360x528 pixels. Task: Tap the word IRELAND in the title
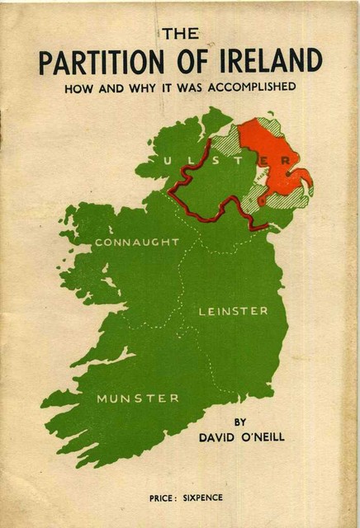click(x=269, y=62)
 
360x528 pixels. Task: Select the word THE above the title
click(x=181, y=34)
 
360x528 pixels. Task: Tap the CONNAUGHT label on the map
click(x=137, y=243)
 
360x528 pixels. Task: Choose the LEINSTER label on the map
click(x=234, y=311)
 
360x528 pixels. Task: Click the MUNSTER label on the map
click(x=138, y=398)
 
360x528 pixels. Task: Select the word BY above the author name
click(x=240, y=422)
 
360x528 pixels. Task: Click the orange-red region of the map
click(x=277, y=165)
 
